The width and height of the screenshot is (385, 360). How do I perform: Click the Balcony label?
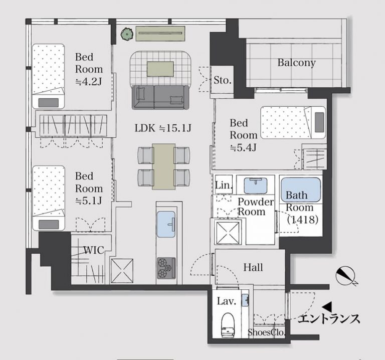click(x=296, y=63)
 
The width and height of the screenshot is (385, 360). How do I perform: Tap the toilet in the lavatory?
click(x=228, y=324)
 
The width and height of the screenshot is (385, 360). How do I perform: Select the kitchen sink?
click(x=166, y=224)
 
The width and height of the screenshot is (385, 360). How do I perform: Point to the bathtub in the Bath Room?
click(x=301, y=190)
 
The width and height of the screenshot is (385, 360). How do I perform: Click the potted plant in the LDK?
click(x=127, y=34)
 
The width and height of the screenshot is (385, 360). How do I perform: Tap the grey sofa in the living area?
click(x=160, y=97)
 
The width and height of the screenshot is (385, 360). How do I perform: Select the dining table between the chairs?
click(x=164, y=166)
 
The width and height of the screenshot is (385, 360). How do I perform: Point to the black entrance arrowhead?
click(x=327, y=306)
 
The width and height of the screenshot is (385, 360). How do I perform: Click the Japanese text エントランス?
click(x=329, y=319)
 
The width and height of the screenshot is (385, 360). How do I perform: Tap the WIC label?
click(x=94, y=250)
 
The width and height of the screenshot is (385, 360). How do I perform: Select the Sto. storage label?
click(x=223, y=80)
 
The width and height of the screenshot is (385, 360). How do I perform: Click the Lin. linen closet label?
click(x=224, y=185)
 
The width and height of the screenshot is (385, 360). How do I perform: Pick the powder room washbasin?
click(x=255, y=186)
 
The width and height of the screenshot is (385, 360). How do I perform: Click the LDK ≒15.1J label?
click(x=163, y=128)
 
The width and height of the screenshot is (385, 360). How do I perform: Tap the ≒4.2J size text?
click(x=88, y=81)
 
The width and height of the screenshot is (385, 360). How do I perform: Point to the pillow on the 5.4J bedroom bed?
click(x=319, y=122)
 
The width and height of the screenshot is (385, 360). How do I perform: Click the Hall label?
click(x=253, y=267)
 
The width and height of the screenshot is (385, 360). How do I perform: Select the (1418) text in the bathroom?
click(x=303, y=219)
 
